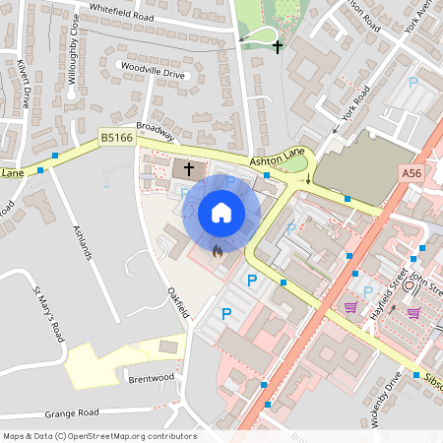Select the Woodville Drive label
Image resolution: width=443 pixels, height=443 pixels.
click(x=152, y=73)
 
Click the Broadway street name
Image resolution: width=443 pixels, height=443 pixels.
click(x=155, y=131)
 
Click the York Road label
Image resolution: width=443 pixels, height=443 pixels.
click(x=355, y=103)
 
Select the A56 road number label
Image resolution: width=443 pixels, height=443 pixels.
click(x=411, y=172)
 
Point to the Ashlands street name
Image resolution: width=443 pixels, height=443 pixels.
click(x=83, y=241)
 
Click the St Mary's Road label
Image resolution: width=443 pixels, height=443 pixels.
click(x=48, y=312)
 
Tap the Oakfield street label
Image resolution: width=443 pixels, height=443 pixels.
click(x=177, y=302)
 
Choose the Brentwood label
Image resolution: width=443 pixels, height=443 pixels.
click(x=151, y=377)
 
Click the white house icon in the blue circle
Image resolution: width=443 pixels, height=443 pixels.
click(x=221, y=212)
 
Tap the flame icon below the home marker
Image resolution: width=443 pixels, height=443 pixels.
click(x=217, y=250)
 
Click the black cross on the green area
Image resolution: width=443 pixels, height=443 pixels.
click(x=278, y=46)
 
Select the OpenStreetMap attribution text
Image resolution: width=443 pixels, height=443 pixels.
click(x=100, y=435)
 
